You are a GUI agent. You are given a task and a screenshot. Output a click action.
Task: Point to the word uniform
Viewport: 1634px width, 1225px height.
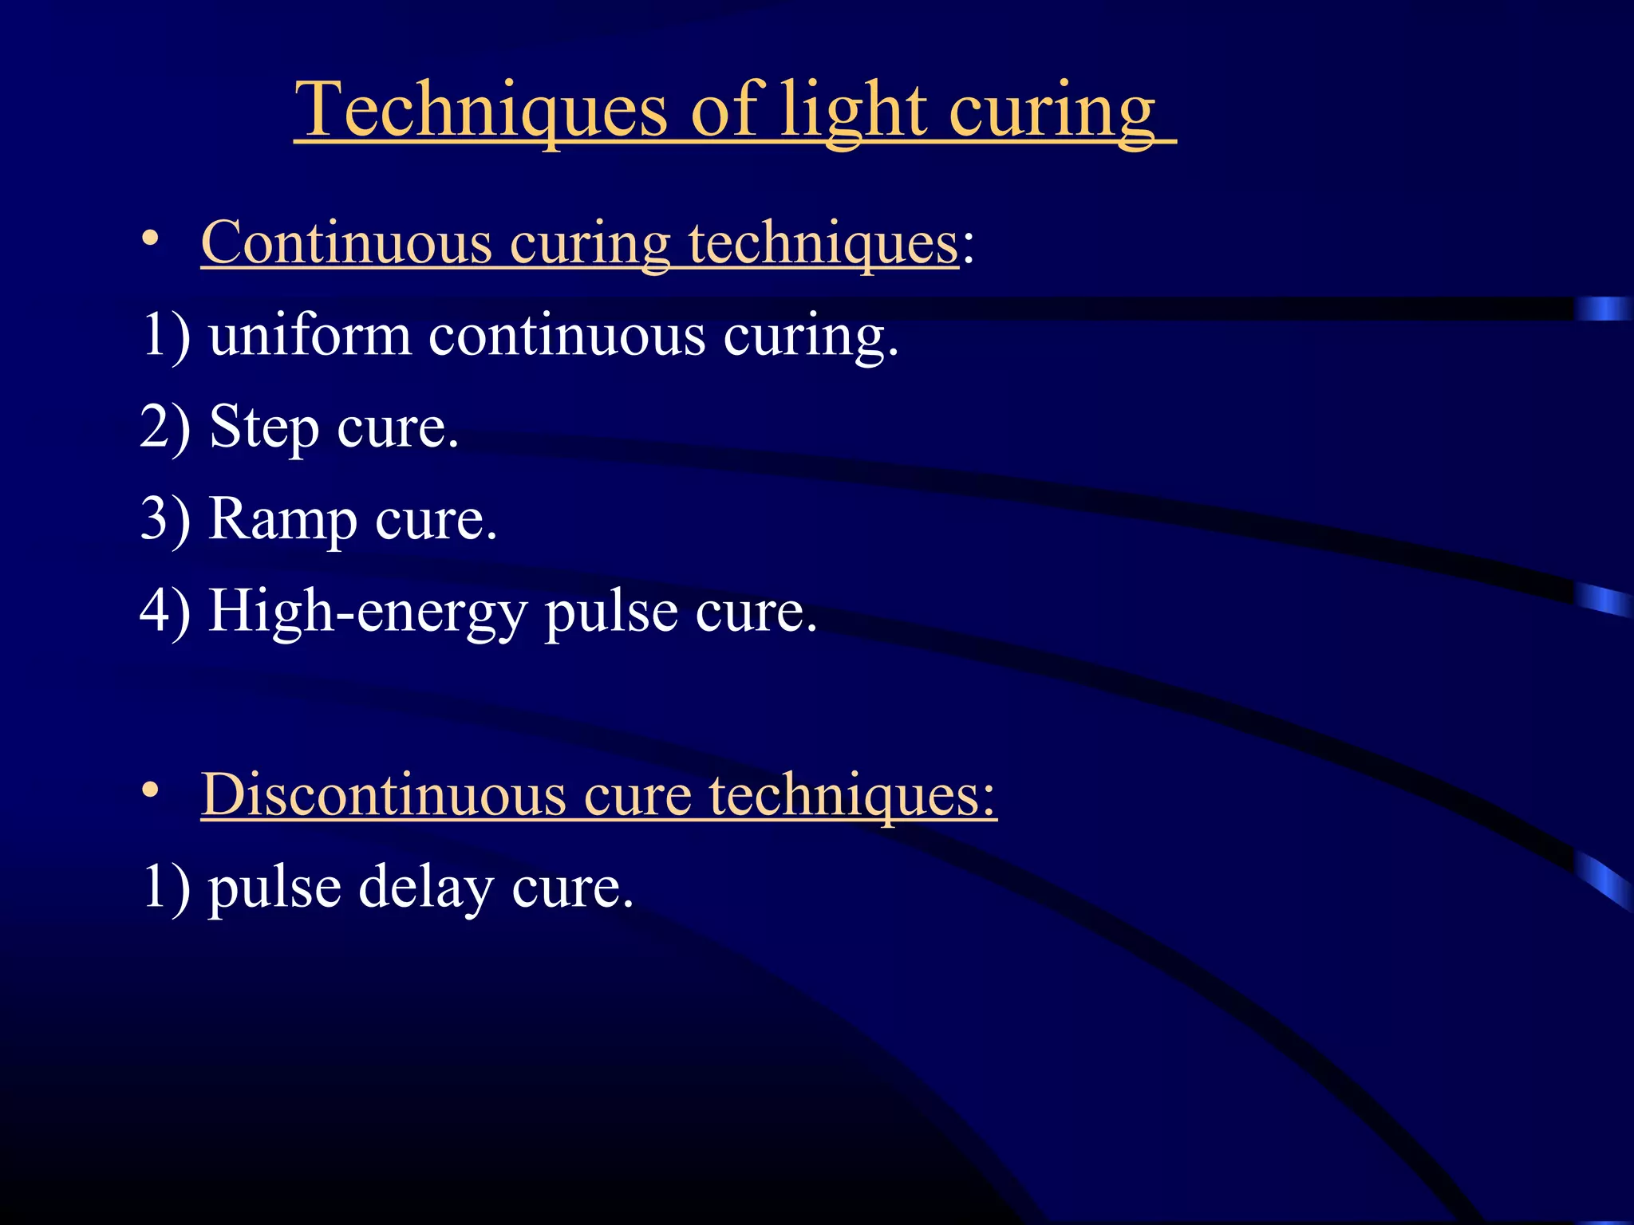coord(310,336)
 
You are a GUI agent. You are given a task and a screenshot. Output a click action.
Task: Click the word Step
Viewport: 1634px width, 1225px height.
coord(263,428)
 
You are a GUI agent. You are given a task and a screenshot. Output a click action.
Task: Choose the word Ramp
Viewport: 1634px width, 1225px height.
coord(282,521)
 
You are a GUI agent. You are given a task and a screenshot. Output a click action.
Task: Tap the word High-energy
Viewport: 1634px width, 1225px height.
coord(367,612)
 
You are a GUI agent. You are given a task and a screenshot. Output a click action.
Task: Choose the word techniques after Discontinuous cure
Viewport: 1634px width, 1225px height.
coord(852,796)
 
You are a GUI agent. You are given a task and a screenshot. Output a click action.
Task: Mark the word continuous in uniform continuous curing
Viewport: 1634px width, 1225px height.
coord(566,336)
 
